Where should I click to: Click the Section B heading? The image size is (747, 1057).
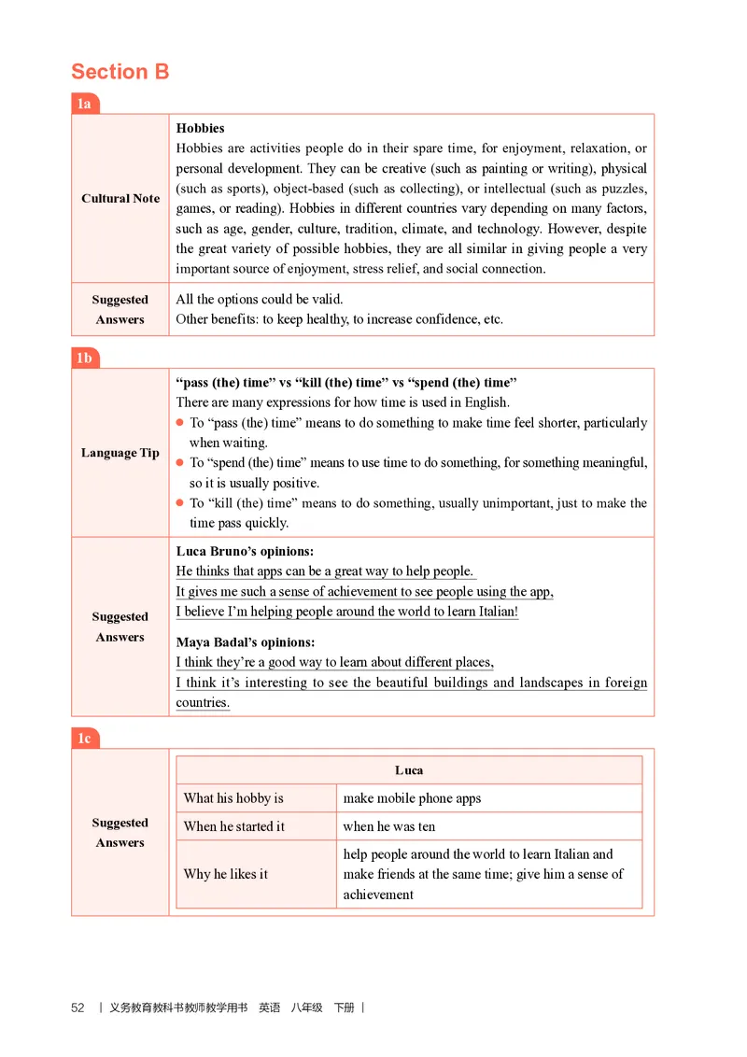coord(120,72)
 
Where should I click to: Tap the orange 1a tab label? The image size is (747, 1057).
coord(84,104)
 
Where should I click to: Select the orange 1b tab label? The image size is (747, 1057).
coord(84,358)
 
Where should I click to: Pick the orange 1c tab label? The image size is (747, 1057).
coord(84,739)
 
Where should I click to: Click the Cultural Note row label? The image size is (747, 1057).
coord(120,198)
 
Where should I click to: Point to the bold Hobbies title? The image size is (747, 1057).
coord(200,128)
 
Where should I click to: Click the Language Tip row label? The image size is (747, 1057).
coord(120,453)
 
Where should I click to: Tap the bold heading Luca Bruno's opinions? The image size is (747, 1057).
coord(245,552)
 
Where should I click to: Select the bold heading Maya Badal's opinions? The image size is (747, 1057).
coord(246,642)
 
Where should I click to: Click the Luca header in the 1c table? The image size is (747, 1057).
coord(409,770)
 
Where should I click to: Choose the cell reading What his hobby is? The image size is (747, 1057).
coord(233,798)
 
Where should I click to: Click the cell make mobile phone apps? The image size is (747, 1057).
coord(412,798)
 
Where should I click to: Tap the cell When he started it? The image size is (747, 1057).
coord(234,826)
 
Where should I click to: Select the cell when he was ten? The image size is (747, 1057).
coord(389,826)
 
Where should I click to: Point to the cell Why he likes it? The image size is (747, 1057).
coord(226,874)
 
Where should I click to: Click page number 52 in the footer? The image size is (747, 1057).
coord(78,1008)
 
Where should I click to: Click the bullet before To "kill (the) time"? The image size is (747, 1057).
coord(180,503)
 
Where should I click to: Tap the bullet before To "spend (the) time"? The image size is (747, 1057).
coord(180,463)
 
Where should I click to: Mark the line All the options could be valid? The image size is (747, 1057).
coord(260,300)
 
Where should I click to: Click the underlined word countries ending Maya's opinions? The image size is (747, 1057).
coord(203,703)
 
